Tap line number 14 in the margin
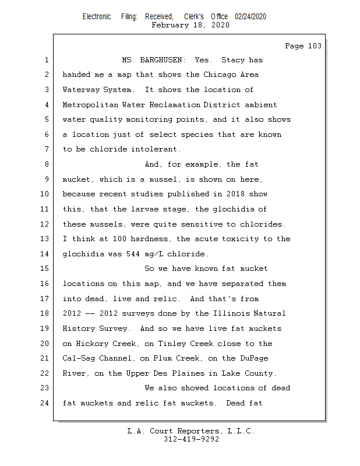(x=45, y=253)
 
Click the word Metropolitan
(x=90, y=105)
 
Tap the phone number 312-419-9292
(x=191, y=439)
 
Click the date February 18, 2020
(x=190, y=25)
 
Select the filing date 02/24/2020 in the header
(x=250, y=16)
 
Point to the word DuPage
(x=255, y=358)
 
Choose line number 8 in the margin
(x=45, y=164)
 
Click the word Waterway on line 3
(x=81, y=90)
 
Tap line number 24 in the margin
(x=45, y=403)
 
